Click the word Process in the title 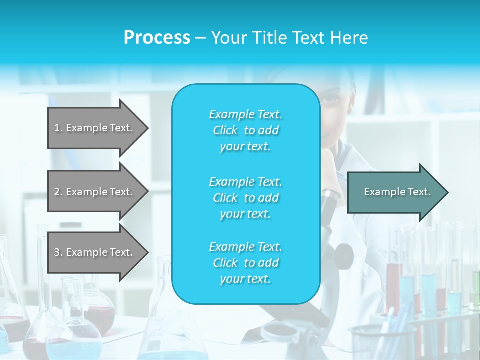coord(157,37)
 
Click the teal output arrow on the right coord(395,192)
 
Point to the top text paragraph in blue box coord(245,130)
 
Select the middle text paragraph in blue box coord(245,198)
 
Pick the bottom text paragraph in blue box coord(245,263)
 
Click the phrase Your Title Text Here coord(289,37)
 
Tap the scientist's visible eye coord(330,98)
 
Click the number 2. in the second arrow coord(58,192)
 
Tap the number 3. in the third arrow coord(58,252)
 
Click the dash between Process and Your coord(200,38)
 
